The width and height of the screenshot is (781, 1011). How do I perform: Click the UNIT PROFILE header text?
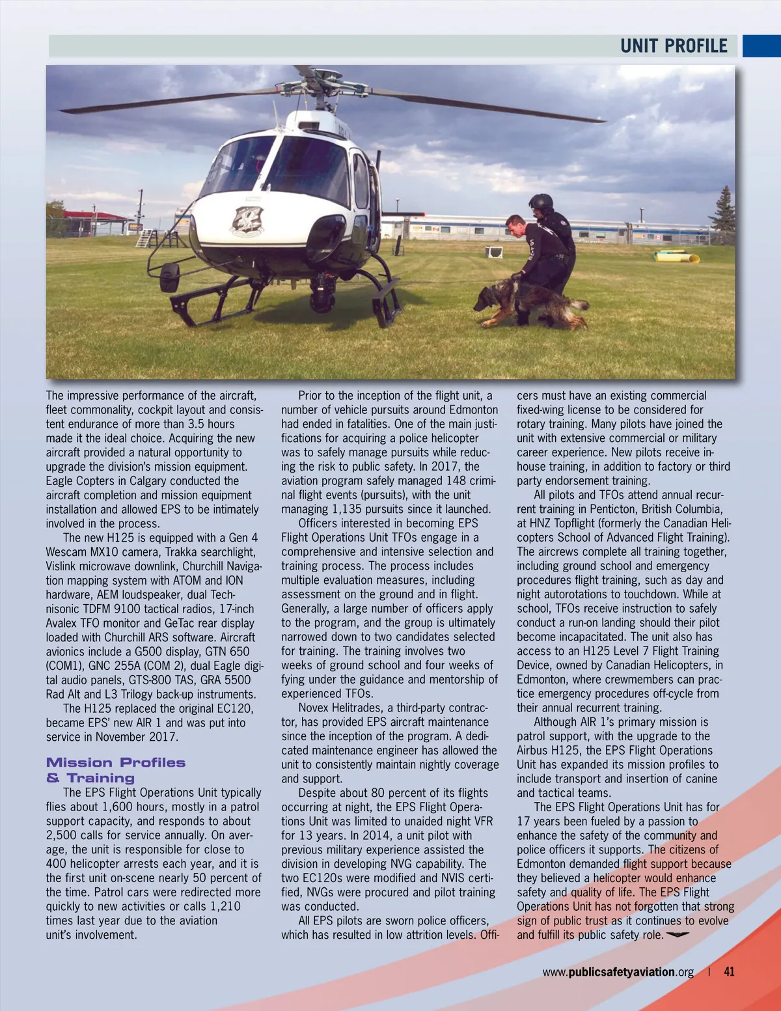pyautogui.click(x=673, y=46)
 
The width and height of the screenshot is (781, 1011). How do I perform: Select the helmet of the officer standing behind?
pyautogui.click(x=541, y=202)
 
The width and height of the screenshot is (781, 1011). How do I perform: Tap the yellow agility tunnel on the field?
pyautogui.click(x=677, y=257)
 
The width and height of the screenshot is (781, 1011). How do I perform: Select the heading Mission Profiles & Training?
pyautogui.click(x=115, y=770)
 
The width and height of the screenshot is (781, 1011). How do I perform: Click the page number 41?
pyautogui.click(x=729, y=971)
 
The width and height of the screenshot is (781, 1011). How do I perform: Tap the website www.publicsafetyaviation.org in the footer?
pyautogui.click(x=618, y=972)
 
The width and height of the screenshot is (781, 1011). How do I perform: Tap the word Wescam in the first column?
pyautogui.click(x=66, y=552)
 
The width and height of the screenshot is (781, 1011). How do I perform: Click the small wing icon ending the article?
pyautogui.click(x=678, y=935)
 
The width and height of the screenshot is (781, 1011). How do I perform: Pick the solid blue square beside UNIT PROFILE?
pyautogui.click(x=761, y=46)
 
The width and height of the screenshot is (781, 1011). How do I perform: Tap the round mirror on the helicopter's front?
pyautogui.click(x=169, y=277)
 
